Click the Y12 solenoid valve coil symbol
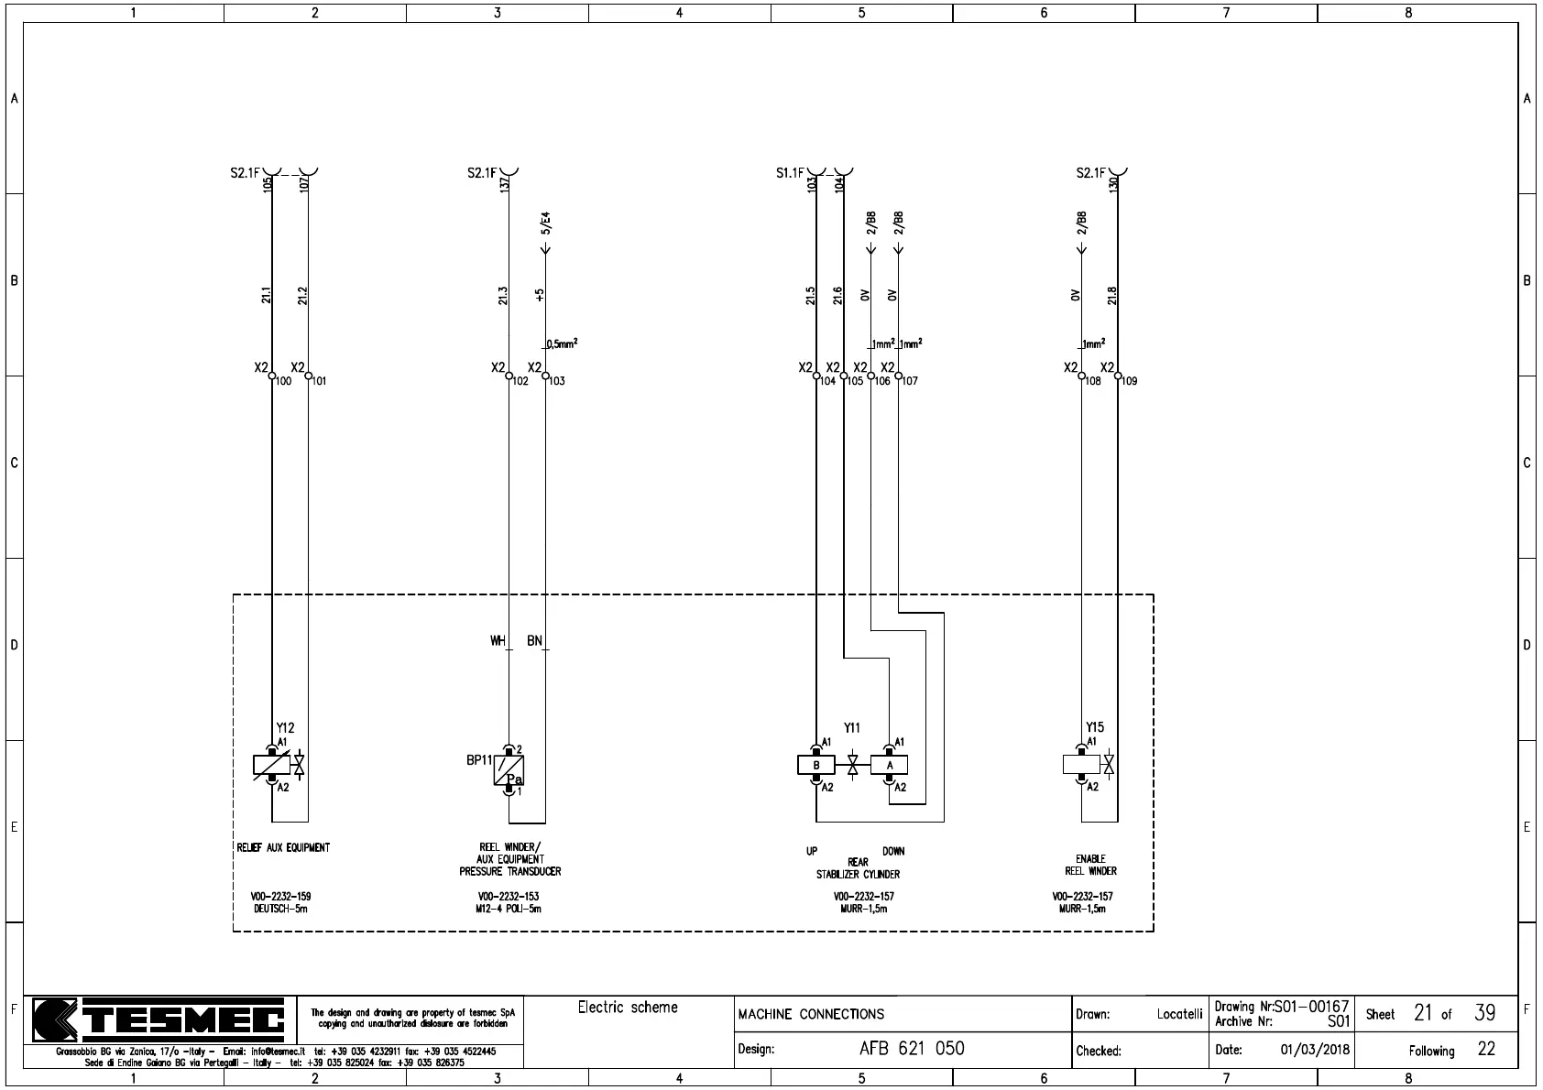coord(271,765)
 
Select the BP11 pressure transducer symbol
coord(509,770)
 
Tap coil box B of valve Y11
coord(815,765)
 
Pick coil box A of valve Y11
coord(889,765)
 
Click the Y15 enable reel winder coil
coord(1081,764)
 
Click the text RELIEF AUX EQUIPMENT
coord(283,847)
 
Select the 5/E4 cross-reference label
coord(546,223)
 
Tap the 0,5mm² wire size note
coord(562,344)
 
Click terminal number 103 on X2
coord(557,381)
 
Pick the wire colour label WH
coord(498,641)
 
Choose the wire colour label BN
coord(534,641)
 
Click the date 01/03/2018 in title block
coord(1315,1050)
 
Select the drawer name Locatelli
coord(1179,1014)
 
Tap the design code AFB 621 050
coord(912,1049)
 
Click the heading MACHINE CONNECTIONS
coord(811,1014)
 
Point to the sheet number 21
coord(1423,1013)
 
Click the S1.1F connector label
coord(790,173)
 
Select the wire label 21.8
coord(1112,295)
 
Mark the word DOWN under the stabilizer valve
coord(893,851)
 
